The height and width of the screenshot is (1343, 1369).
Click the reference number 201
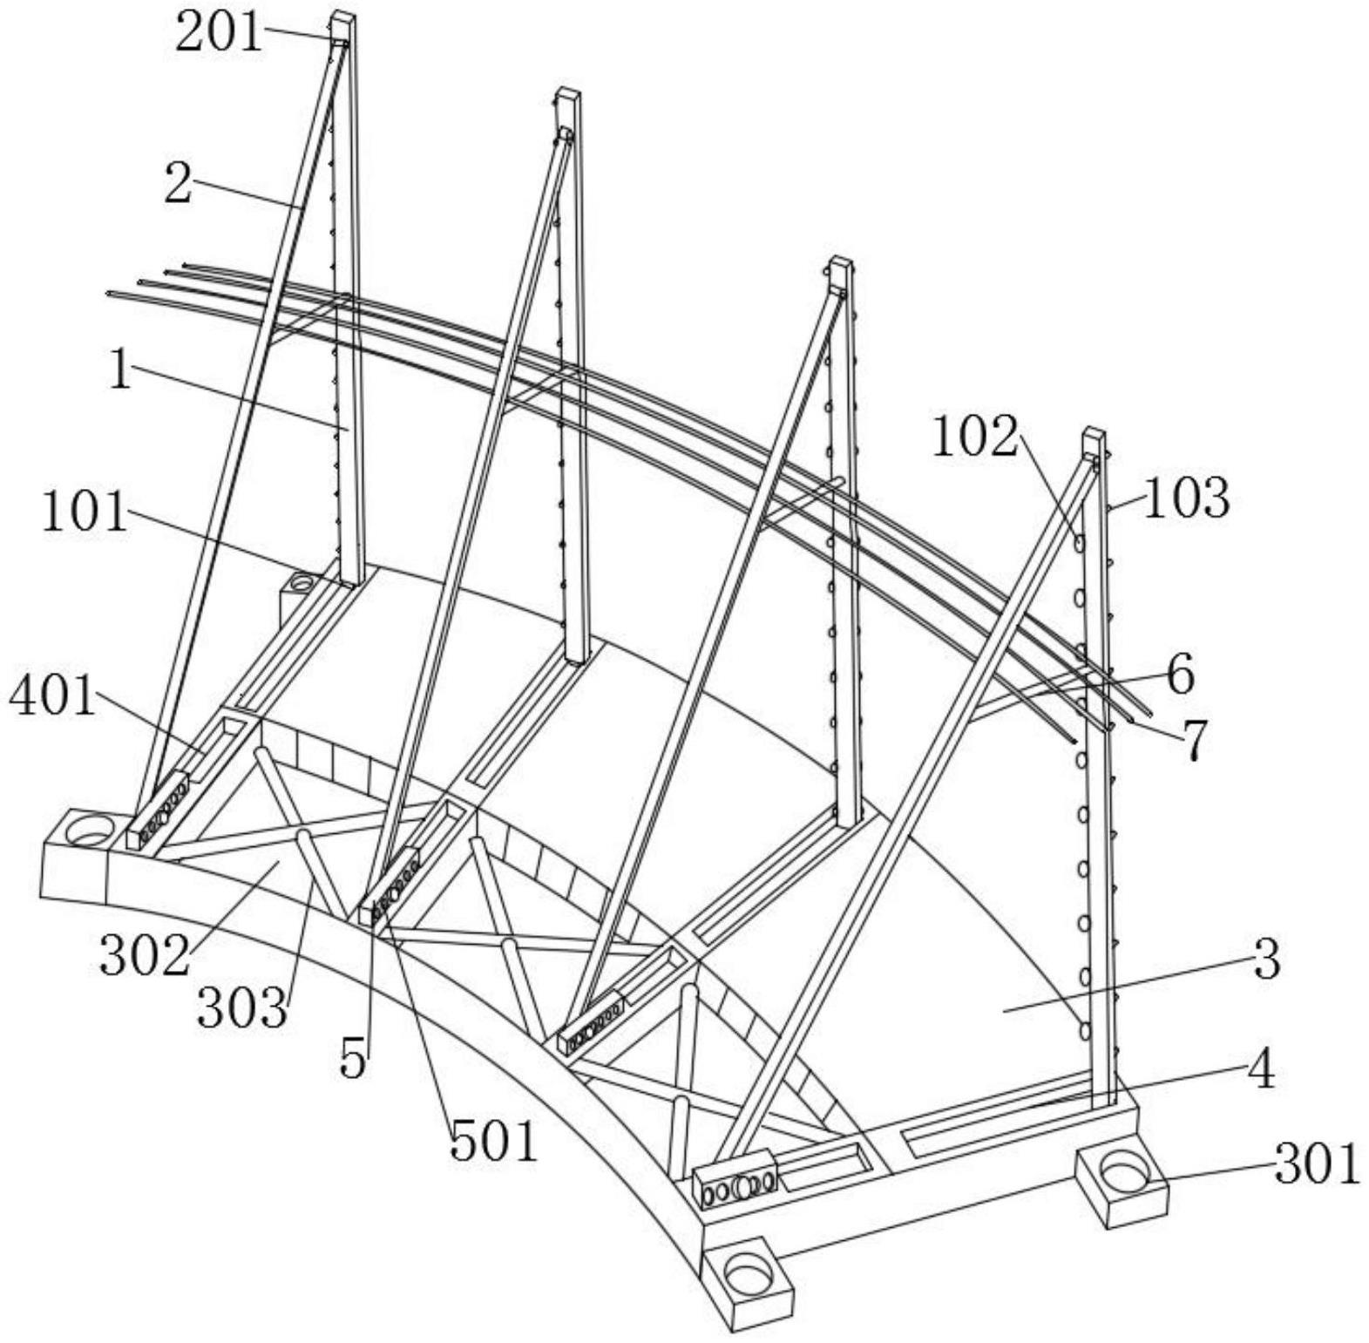[219, 35]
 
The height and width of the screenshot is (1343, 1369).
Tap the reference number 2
[178, 184]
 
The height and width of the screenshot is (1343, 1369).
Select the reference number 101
[85, 512]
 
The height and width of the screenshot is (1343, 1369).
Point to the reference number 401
[51, 697]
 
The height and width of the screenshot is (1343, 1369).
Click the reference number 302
[144, 955]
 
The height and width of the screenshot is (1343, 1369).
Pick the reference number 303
[241, 1008]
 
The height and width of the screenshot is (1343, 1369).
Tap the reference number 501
[494, 1142]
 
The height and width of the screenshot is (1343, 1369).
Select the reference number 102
[975, 437]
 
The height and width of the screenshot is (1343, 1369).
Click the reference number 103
[1186, 499]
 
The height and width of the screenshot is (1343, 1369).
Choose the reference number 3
[1267, 958]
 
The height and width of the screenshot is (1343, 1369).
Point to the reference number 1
[120, 370]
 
